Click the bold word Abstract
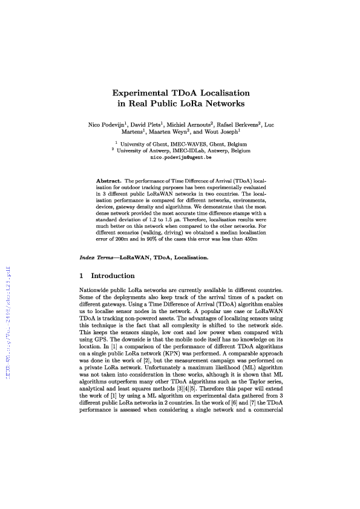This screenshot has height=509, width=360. tap(109, 180)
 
